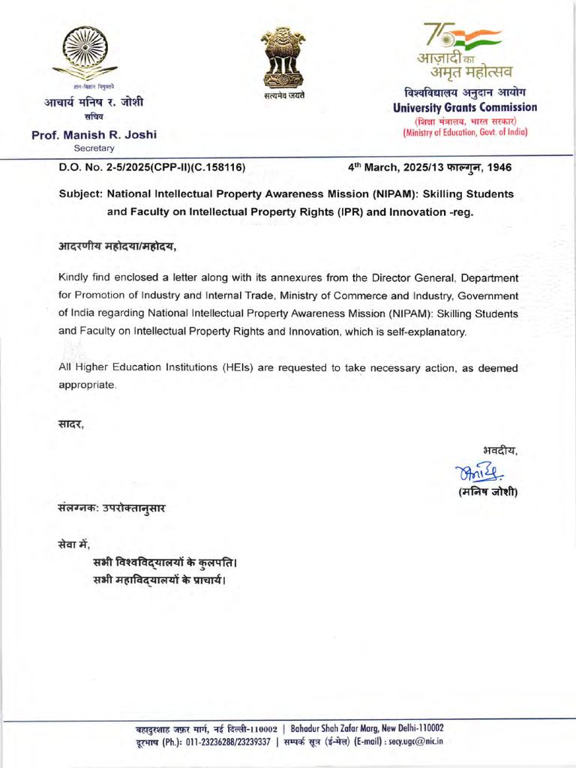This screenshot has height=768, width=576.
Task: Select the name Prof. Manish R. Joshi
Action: point(94,135)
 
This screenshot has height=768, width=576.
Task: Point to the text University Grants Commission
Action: point(465,107)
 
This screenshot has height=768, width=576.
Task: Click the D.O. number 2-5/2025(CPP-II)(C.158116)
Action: point(151,166)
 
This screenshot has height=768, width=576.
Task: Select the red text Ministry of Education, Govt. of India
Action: point(465,132)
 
